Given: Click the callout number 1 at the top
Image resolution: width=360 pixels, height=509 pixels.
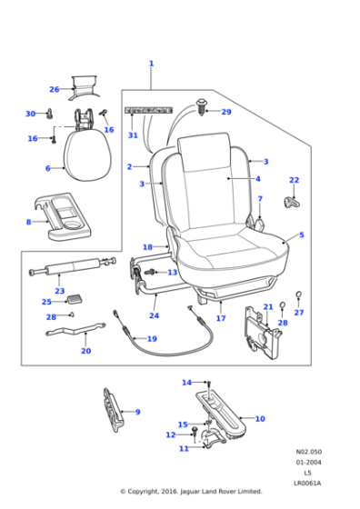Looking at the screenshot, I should click(x=151, y=64).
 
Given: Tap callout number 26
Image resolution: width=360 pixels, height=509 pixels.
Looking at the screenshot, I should click(x=55, y=89).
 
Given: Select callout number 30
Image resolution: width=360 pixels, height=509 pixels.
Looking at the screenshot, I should click(x=30, y=114).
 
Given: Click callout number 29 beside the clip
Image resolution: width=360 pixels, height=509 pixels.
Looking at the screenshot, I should click(x=226, y=112).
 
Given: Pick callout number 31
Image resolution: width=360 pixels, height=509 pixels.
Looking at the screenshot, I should click(x=133, y=135).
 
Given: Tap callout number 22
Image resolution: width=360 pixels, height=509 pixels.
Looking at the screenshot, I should click(x=294, y=180).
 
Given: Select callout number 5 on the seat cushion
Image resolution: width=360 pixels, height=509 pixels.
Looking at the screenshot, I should click(x=301, y=235).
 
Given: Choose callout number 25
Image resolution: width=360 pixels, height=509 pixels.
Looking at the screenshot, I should click(x=46, y=302).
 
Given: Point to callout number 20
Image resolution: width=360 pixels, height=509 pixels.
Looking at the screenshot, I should click(x=86, y=351).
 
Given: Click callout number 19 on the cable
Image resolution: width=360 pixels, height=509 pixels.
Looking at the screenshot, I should click(x=152, y=339).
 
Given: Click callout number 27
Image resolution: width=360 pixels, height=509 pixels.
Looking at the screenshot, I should click(x=299, y=313).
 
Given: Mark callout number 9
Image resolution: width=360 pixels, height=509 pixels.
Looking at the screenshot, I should click(x=137, y=412).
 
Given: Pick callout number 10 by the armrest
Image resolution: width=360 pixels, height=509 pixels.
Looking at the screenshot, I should click(x=260, y=419).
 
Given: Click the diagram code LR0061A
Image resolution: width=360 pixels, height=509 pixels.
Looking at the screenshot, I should click(x=307, y=483).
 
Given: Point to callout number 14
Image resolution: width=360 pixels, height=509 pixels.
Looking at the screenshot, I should click(x=186, y=383).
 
